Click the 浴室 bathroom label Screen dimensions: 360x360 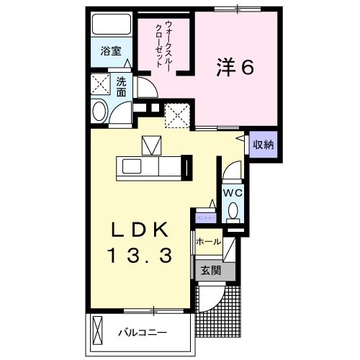[x=111, y=53]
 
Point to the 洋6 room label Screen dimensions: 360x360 [x=235, y=68]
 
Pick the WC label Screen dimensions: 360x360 [x=231, y=193]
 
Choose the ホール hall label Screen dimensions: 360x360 [x=208, y=242]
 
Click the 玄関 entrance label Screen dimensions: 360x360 [x=210, y=271]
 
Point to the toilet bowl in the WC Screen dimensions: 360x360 [x=233, y=210]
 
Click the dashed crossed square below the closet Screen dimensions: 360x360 [x=176, y=114]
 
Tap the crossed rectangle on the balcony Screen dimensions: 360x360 [x=98, y=330]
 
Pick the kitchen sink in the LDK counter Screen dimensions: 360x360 [x=134, y=166]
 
